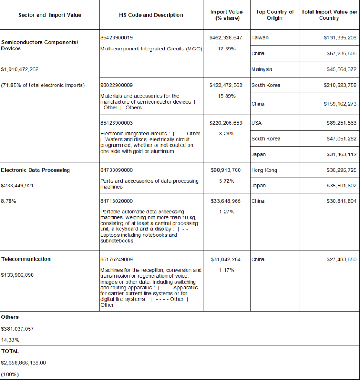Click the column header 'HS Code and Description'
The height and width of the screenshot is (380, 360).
pos(151,15)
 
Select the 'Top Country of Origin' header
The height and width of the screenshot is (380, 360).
pos(275,15)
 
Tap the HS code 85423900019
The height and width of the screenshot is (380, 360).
pos(117,38)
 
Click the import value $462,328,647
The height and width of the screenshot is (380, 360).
pos(226,38)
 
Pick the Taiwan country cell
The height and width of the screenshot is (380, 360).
pos(260,38)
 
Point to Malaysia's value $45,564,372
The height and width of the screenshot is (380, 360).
pos(340,69)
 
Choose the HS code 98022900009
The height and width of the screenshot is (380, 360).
pos(117,85)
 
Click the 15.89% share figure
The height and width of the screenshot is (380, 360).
pos(227,96)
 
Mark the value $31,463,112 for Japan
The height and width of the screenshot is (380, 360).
pos(340,154)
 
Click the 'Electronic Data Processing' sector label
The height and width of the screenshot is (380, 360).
pos(36,170)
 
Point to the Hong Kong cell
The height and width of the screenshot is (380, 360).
pos(264,170)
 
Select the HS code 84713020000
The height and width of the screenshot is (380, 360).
pos(117,201)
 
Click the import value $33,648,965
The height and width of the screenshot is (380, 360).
pos(226,201)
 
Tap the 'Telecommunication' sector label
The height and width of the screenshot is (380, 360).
pos(26,259)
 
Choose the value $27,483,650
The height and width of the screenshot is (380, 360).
pos(340,259)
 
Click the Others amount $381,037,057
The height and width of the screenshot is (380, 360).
pos(17,329)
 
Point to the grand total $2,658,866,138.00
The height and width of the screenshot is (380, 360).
pos(24,363)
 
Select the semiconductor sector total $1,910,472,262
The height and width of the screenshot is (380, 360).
pos(20,69)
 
